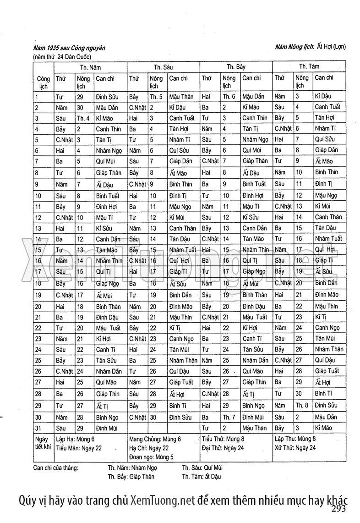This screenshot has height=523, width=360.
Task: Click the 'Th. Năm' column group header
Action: (x=90, y=67)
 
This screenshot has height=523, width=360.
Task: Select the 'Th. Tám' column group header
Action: (x=310, y=66)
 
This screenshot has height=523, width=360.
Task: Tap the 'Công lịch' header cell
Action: (x=43, y=83)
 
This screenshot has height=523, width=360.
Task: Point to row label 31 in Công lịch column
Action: (x=37, y=428)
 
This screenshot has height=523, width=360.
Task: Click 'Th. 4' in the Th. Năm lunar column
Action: (x=83, y=118)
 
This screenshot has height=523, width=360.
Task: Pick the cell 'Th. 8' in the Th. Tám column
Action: (x=301, y=405)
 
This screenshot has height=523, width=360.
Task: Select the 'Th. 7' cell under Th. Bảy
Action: (x=229, y=417)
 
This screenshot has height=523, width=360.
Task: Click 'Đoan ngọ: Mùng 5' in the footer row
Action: (x=151, y=457)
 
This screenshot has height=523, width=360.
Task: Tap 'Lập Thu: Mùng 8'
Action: (x=296, y=439)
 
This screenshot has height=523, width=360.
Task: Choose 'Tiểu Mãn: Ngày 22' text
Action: (x=79, y=448)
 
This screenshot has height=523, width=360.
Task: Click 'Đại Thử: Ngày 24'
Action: (x=223, y=448)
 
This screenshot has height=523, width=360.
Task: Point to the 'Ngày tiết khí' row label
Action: (x=43, y=443)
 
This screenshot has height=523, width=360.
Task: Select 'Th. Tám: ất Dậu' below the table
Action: (x=202, y=476)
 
